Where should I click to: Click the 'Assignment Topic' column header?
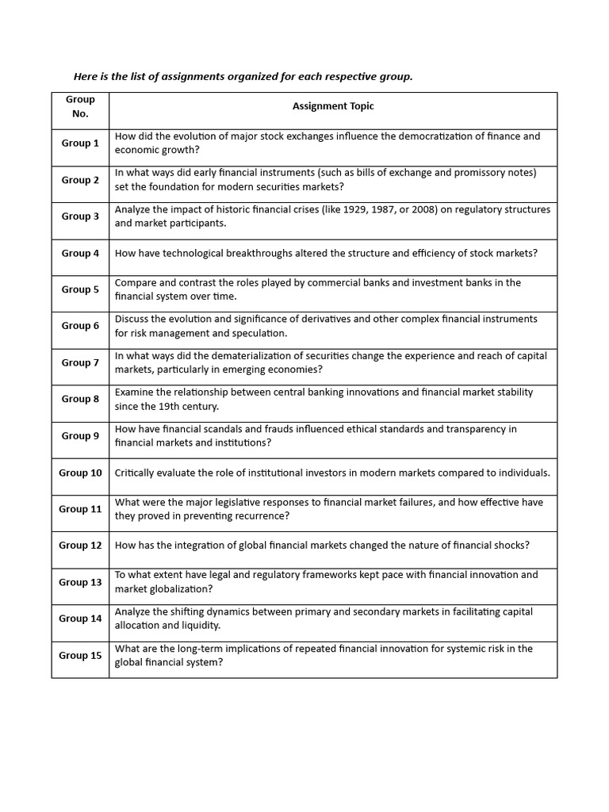click(x=333, y=106)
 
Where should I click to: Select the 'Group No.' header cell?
click(x=80, y=106)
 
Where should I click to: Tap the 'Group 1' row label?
click(x=80, y=144)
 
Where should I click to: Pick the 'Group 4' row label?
click(x=80, y=253)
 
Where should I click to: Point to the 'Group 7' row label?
click(x=80, y=362)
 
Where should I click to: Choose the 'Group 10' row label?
click(x=80, y=473)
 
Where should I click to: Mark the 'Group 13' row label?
click(x=80, y=582)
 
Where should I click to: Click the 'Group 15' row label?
click(x=80, y=655)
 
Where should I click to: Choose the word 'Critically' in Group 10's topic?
click(x=136, y=473)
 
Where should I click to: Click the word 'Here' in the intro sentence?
click(x=85, y=77)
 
